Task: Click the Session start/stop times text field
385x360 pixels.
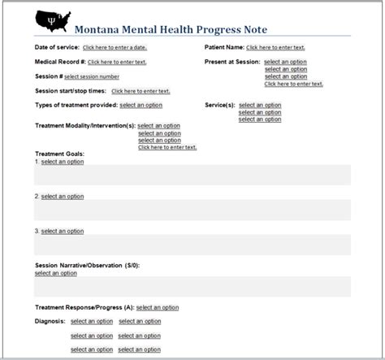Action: pos(140,91)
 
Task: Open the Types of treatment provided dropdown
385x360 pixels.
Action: pos(141,106)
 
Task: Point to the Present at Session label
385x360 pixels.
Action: pos(231,62)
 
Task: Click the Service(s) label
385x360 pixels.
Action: pos(219,106)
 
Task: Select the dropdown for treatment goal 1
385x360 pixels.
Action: pos(62,161)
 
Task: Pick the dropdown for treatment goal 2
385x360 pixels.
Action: pos(62,196)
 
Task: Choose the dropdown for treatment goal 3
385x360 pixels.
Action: pos(62,231)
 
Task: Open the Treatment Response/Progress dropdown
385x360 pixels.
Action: pos(158,308)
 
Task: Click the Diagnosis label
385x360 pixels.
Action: pos(49,321)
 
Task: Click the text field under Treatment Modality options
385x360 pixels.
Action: pos(167,147)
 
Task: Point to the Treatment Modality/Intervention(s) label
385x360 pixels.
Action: pos(85,126)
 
